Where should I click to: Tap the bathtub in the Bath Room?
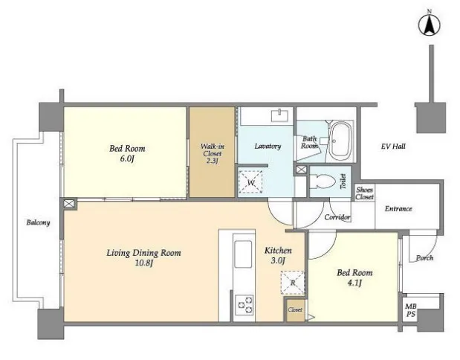tap(340, 141)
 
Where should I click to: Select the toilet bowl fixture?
tap(323, 181)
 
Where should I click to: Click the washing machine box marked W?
tap(250, 181)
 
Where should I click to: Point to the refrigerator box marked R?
tap(293, 283)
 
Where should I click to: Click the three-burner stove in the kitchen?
tap(244, 305)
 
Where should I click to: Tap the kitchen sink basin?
tap(243, 254)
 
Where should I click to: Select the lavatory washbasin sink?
tap(280, 115)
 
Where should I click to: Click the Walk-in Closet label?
tap(212, 153)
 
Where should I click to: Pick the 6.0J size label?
tap(127, 159)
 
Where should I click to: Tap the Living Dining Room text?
tap(143, 253)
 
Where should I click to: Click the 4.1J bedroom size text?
tap(354, 283)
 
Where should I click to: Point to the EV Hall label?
tap(393, 146)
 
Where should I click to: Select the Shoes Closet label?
tap(365, 193)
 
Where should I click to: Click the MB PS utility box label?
tap(411, 310)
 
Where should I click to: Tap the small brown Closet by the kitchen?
tap(295, 309)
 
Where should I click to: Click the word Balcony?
tap(38, 222)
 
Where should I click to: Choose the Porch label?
tap(424, 258)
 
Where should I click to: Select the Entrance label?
tap(398, 208)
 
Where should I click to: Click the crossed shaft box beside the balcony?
tap(68, 204)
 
